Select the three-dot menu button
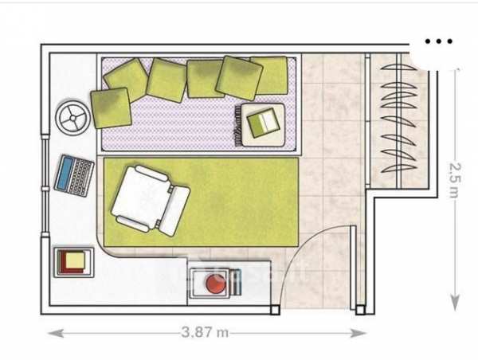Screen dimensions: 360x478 click(438, 41)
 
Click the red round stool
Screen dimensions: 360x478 click(216, 284)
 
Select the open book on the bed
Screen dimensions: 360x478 click(262, 123)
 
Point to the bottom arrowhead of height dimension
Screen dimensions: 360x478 click(455, 303)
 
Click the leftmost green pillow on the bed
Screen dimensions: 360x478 click(110, 107)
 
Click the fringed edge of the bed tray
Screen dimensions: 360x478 click(237, 127)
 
